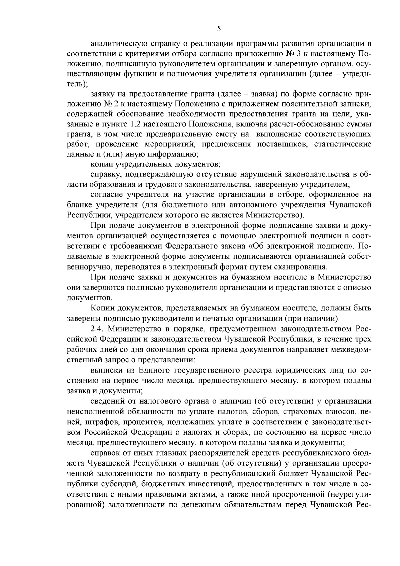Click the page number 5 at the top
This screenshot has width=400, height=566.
219,29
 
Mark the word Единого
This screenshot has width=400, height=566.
151,370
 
